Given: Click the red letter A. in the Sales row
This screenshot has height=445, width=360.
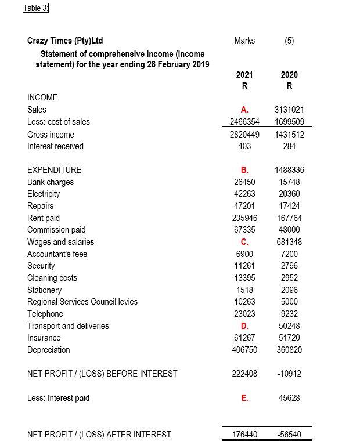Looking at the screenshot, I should click(244, 110).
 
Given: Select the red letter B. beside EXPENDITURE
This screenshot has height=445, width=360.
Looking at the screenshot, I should click(244, 170).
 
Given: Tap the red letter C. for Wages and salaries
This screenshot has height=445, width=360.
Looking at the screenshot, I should click(244, 242).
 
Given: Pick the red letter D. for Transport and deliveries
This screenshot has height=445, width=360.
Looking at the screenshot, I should click(244, 326).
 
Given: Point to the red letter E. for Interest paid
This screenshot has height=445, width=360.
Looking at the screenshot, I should click(244, 398).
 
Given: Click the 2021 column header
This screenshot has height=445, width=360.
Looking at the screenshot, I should click(244, 75).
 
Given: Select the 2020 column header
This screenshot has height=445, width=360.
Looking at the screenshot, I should click(289, 75).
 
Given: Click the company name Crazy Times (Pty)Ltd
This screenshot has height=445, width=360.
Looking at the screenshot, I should click(65, 41).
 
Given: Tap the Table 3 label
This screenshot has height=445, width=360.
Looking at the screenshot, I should click(35, 8).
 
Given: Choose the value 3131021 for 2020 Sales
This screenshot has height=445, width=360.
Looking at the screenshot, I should click(289, 110).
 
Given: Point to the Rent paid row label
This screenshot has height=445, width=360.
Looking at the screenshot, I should click(44, 218).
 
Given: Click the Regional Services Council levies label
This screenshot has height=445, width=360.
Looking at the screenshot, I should click(82, 302).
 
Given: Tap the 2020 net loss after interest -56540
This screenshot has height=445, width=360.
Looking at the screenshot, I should click(289, 434).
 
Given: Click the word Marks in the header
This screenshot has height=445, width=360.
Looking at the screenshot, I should click(244, 41).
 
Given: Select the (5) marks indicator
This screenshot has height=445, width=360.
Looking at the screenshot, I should click(289, 41).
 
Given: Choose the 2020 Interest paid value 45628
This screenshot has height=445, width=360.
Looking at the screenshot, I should click(289, 398).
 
